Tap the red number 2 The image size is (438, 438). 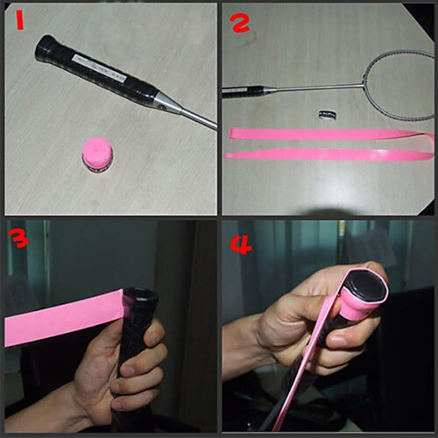(239, 23)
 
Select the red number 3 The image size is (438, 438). (18, 238)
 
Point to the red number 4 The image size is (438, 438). (241, 244)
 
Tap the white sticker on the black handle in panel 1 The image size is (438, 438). (100, 67)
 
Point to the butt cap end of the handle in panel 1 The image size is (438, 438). (45, 46)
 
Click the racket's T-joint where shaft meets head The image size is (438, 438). (364, 84)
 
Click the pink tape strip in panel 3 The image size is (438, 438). (64, 320)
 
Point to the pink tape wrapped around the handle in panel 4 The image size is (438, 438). (358, 309)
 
